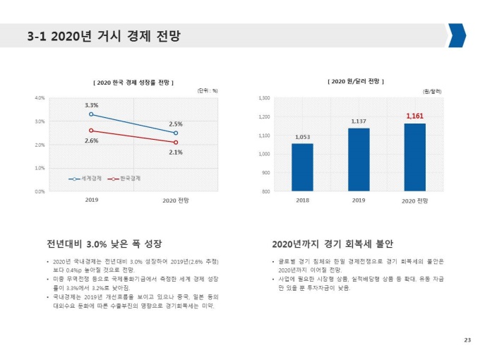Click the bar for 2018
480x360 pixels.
[x=302, y=167]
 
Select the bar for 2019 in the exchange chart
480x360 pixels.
[x=359, y=160]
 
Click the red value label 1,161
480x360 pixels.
[x=415, y=115]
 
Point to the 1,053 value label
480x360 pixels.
[x=302, y=137]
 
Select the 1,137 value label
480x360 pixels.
[x=359, y=121]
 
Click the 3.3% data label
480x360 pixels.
[x=91, y=104]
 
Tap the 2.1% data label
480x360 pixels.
[x=176, y=152]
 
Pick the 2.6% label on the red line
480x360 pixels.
[x=91, y=140]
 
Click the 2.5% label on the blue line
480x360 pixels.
[x=176, y=124]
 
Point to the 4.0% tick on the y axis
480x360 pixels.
[x=40, y=98]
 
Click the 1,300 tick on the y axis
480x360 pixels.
[x=265, y=98]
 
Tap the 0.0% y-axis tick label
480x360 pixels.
[x=40, y=191]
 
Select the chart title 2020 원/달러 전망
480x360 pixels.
[x=356, y=82]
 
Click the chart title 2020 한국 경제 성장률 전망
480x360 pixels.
[x=133, y=83]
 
